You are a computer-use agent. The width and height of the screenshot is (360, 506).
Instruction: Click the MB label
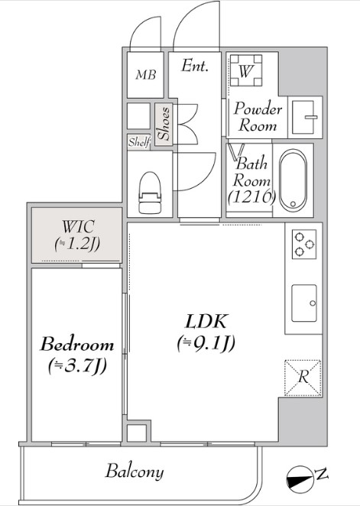[x=146, y=75]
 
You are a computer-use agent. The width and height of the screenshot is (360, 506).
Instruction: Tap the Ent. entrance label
[x=194, y=66]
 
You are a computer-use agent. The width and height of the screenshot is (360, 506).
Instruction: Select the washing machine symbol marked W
[x=245, y=70]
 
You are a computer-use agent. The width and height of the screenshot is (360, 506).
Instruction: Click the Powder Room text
[x=258, y=116]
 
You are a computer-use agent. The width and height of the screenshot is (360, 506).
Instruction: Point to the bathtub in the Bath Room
[x=293, y=180]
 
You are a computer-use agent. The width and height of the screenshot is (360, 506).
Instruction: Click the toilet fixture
[x=150, y=193]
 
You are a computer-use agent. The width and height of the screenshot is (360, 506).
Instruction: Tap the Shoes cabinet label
[x=164, y=124]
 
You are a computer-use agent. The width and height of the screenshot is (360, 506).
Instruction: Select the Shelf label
[x=139, y=141]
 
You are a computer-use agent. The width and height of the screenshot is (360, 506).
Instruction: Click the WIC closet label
[x=78, y=235]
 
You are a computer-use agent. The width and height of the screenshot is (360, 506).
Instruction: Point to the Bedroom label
[x=77, y=344]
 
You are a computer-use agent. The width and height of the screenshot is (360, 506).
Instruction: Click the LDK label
[x=207, y=321]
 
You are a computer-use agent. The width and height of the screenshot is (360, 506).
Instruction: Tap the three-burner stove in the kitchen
[x=304, y=244]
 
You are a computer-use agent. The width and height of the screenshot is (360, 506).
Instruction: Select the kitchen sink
[x=304, y=303]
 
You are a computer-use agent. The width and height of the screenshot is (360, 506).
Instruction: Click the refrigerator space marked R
[x=303, y=378]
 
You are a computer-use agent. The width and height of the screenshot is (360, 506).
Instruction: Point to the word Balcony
[x=135, y=472]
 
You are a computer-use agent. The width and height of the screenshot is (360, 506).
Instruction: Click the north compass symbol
[x=300, y=479]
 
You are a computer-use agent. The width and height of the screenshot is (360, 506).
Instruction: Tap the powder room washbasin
[x=305, y=117]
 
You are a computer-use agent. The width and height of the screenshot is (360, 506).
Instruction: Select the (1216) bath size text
[x=251, y=196]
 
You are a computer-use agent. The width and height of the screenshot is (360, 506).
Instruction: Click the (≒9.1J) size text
[x=206, y=343]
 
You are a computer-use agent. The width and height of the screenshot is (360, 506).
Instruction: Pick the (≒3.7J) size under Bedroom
[x=77, y=366]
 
